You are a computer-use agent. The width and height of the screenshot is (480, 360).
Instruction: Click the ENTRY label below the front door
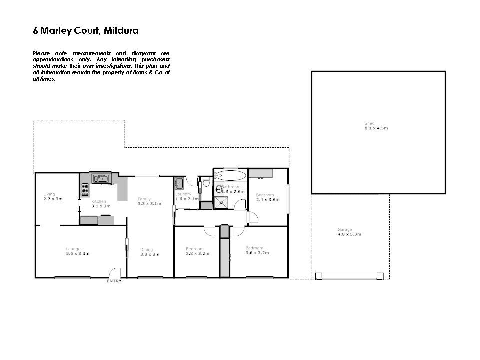(x=114, y=281)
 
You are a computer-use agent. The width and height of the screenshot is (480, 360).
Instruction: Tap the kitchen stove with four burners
(x=85, y=189)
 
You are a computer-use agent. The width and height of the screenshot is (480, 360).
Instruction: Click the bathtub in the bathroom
(x=230, y=176)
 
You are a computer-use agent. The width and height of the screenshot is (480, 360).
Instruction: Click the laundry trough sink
(x=179, y=183)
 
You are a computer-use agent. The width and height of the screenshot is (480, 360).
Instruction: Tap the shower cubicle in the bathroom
(x=220, y=203)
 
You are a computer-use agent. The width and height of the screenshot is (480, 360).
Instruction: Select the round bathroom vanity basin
(x=218, y=189)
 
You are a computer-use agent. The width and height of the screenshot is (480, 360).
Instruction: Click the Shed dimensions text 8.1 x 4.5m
(x=376, y=128)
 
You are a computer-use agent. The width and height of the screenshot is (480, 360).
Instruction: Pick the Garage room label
(x=344, y=230)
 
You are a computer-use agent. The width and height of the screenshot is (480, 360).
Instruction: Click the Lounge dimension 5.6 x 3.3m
(x=77, y=254)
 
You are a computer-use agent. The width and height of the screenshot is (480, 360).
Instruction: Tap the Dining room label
(x=146, y=250)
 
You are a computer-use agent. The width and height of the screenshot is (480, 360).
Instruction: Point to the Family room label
(x=144, y=199)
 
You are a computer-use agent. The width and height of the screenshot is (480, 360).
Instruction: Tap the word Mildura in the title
(x=122, y=31)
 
